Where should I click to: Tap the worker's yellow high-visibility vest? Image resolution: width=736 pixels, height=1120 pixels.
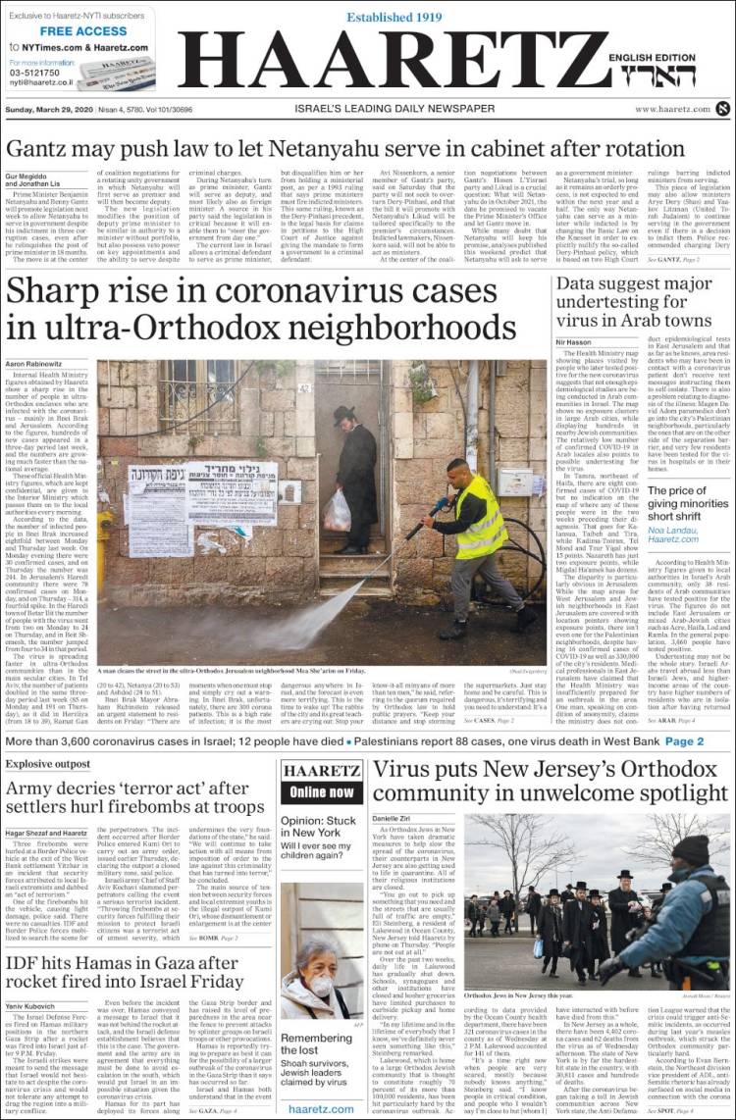point(480,515)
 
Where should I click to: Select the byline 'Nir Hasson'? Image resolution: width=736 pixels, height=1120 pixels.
point(573,342)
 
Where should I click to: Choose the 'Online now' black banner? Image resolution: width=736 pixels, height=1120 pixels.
point(322,791)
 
